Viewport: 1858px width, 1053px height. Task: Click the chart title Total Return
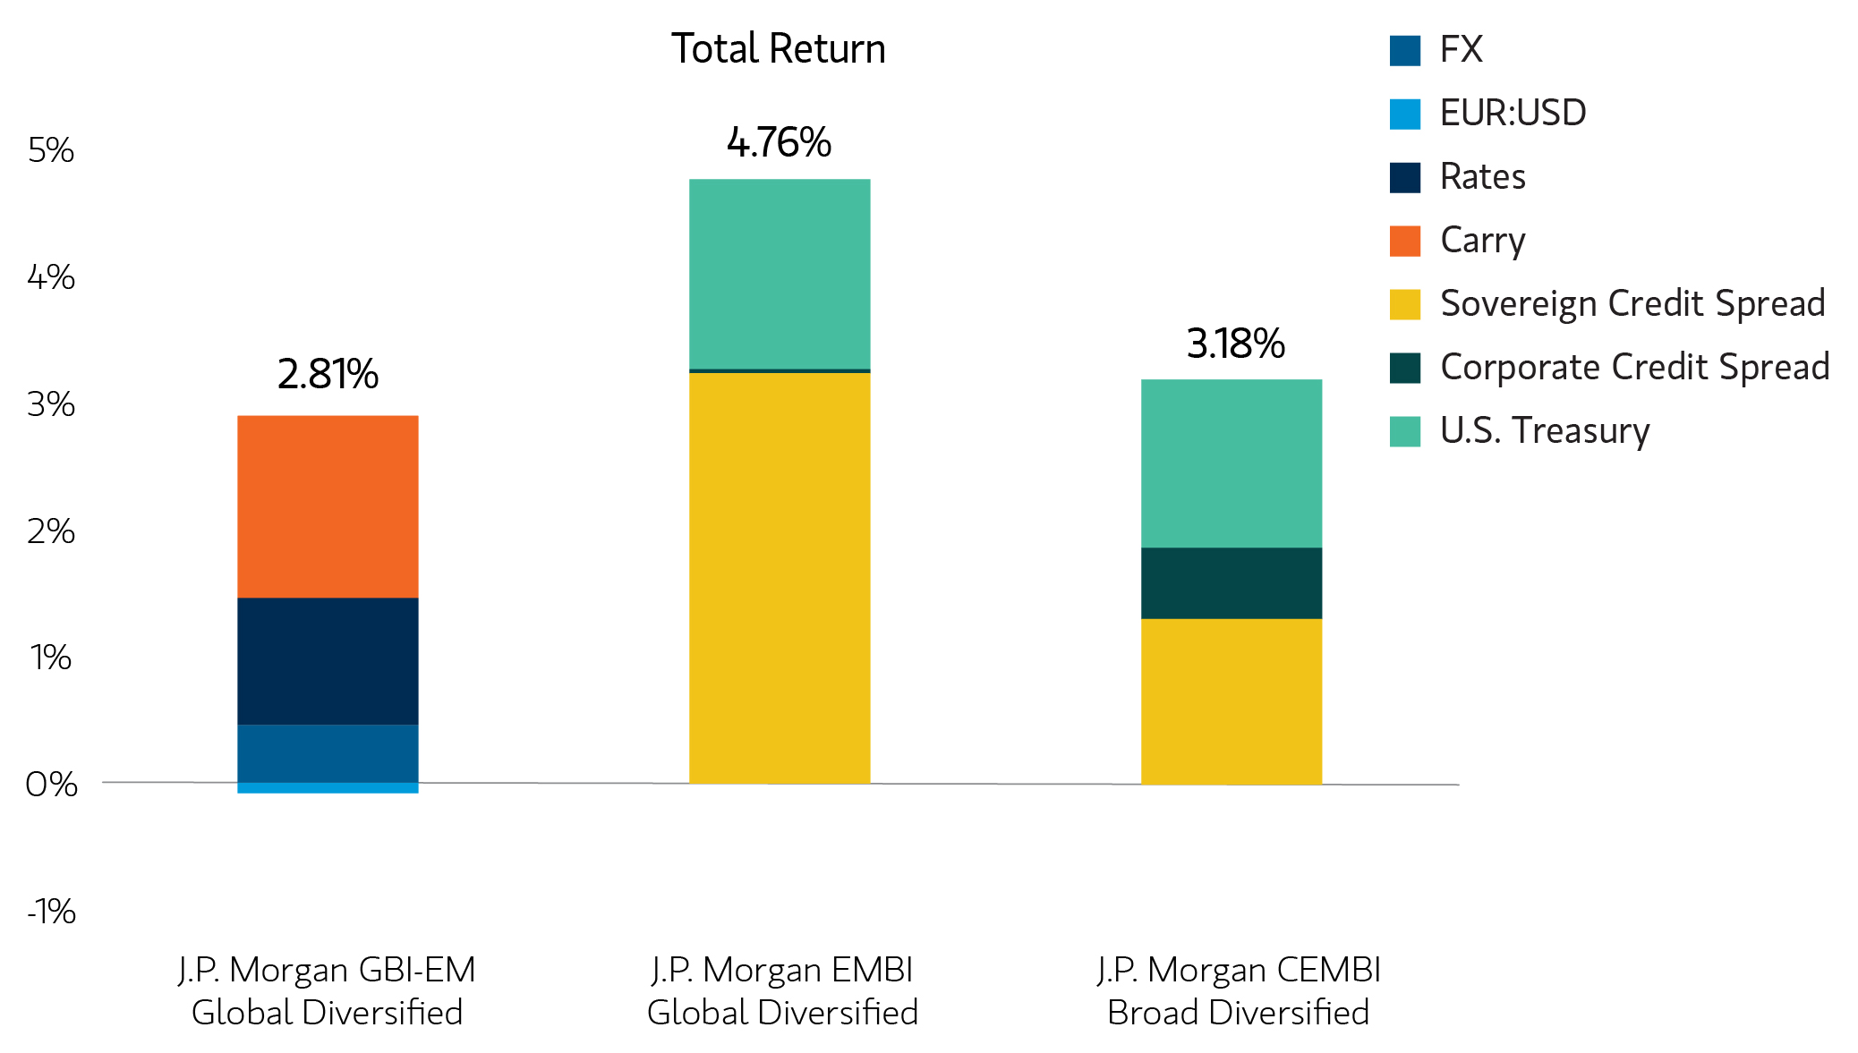(x=778, y=49)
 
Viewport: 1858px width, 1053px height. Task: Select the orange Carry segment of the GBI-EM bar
(x=328, y=505)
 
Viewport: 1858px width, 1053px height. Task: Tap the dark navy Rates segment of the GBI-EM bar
(x=328, y=660)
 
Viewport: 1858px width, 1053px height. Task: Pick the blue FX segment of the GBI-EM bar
(x=328, y=752)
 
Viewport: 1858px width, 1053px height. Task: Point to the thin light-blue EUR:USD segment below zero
(x=328, y=788)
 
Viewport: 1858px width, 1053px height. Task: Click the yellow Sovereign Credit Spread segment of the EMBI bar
(x=779, y=577)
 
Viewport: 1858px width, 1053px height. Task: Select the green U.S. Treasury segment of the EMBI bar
(x=779, y=273)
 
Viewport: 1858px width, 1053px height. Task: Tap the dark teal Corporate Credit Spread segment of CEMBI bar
(x=1231, y=582)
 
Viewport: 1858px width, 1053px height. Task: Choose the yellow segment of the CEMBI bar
(x=1231, y=701)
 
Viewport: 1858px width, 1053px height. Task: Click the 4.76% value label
(x=779, y=143)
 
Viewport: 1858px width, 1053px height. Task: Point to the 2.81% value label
(x=328, y=374)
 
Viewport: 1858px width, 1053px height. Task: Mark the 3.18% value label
(x=1235, y=344)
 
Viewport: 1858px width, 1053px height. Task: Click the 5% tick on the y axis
(x=51, y=150)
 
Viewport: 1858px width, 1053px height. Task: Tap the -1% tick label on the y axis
(x=51, y=912)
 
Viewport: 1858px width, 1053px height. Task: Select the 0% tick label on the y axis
(x=51, y=785)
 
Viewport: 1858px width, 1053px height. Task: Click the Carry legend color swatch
(x=1404, y=241)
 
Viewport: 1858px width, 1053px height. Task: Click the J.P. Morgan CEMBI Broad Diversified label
(x=1238, y=990)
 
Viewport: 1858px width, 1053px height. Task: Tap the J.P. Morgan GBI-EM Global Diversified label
(x=327, y=990)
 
